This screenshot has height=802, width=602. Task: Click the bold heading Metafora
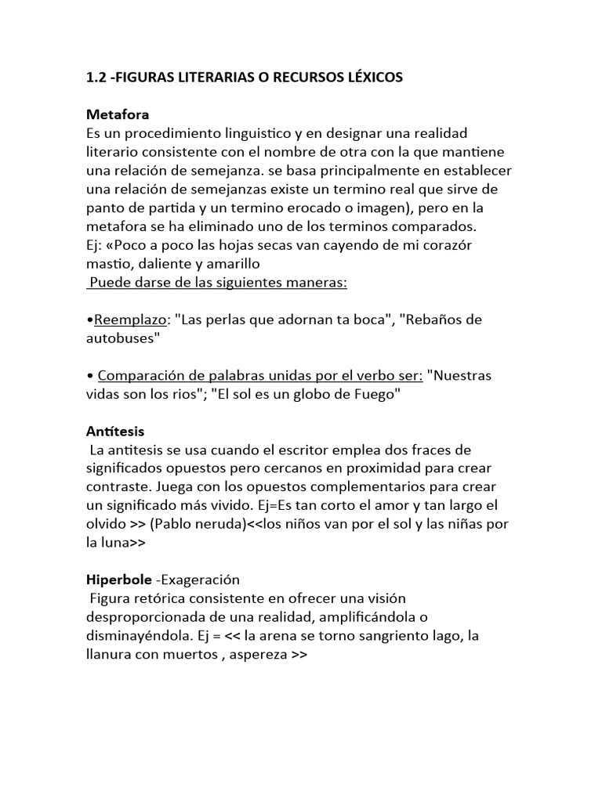117,115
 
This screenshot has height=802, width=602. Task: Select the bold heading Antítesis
114,431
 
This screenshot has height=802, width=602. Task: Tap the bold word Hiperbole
119,580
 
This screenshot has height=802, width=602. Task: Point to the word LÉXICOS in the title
372,78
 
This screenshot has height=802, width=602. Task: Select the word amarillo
227,264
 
